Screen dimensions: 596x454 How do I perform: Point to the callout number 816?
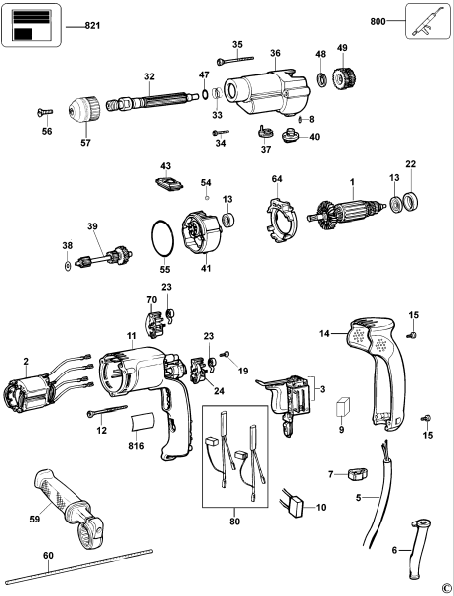tap(137, 448)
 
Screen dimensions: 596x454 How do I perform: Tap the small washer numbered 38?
tap(67, 266)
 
